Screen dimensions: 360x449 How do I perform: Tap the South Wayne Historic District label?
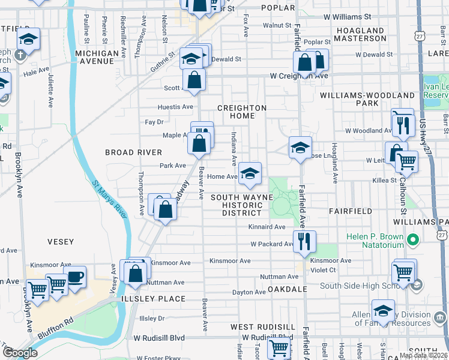click(242, 205)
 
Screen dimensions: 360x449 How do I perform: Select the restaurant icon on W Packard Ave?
click(304, 241)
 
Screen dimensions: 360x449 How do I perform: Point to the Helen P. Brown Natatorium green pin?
click(412, 241)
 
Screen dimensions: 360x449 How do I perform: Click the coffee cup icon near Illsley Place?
click(75, 278)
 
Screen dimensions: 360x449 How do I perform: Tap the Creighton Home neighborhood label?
click(241, 112)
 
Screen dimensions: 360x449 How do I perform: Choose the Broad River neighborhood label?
click(133, 152)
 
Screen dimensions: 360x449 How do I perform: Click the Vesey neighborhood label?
click(60, 242)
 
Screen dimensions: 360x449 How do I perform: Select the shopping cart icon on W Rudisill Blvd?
click(279, 348)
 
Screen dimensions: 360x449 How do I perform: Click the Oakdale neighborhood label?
click(288, 289)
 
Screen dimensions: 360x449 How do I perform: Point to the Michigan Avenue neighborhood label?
click(97, 58)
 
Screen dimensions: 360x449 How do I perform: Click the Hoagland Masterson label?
click(360, 34)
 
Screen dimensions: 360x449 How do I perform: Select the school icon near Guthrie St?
click(191, 59)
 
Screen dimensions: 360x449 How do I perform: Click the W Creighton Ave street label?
click(299, 76)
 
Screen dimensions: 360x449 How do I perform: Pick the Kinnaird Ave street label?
click(267, 227)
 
